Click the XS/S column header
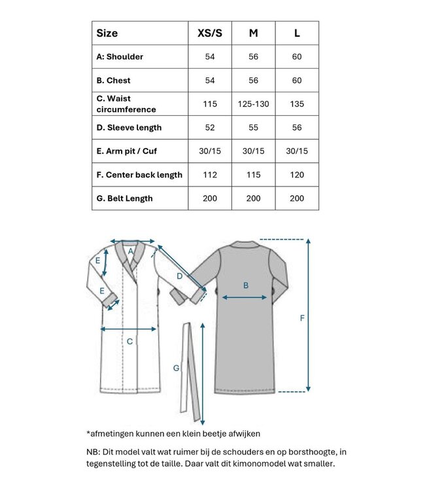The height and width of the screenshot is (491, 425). point(210,33)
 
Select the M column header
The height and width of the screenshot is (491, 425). point(253,33)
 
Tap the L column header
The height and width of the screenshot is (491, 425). point(297,33)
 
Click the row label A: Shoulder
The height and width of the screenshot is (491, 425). point(120,56)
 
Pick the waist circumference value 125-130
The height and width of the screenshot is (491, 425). point(253,103)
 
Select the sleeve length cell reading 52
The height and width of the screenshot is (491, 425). point(210,127)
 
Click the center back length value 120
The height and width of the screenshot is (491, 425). point(297,174)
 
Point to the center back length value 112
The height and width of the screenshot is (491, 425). point(210,174)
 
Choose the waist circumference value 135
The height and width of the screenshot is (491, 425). point(297,103)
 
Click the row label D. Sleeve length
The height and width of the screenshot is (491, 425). point(129,127)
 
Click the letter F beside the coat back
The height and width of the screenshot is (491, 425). point(302,318)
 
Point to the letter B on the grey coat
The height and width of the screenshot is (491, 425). point(246,285)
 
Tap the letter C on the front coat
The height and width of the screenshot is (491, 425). point(129,340)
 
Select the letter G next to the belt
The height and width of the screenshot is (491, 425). point(176,369)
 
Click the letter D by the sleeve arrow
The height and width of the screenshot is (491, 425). point(179,276)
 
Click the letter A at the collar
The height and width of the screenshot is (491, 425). point(131,251)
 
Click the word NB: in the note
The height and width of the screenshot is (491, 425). point(94,452)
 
